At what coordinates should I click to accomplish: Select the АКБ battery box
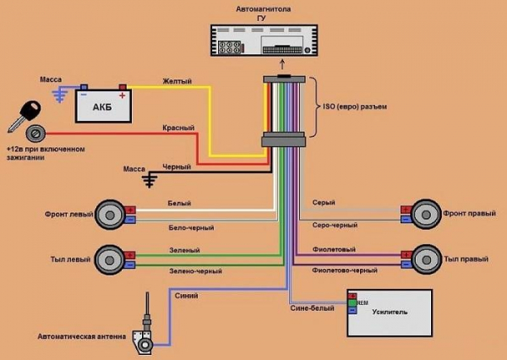101,105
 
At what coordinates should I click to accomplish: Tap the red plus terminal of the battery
123,86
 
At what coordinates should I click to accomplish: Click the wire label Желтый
175,81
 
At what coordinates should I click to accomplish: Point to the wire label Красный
178,128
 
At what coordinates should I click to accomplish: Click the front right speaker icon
426,214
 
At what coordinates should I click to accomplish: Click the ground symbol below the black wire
150,181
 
